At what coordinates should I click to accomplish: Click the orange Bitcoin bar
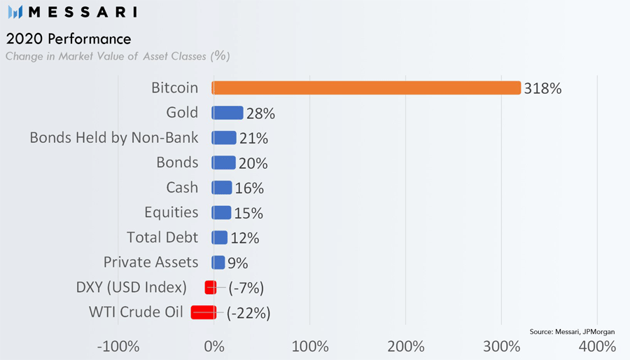click(366, 88)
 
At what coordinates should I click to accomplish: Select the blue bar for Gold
click(227, 113)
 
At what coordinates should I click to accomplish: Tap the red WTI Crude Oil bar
click(204, 312)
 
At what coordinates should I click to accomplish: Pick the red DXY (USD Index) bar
click(210, 287)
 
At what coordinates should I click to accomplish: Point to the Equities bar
click(221, 212)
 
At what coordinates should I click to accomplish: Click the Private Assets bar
click(218, 263)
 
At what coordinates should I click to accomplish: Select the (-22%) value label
click(248, 313)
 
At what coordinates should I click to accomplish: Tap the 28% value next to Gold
click(260, 113)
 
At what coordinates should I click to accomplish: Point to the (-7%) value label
click(246, 288)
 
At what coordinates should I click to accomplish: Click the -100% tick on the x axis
click(118, 346)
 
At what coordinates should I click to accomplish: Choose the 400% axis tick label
click(597, 346)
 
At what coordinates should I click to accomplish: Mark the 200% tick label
click(405, 346)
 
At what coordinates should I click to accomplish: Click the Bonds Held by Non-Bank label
click(114, 138)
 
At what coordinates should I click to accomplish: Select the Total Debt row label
click(162, 237)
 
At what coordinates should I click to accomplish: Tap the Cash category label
click(182, 188)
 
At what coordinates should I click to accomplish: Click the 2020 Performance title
click(68, 38)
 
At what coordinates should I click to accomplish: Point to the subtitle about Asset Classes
click(118, 56)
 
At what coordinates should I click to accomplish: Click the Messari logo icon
click(15, 12)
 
